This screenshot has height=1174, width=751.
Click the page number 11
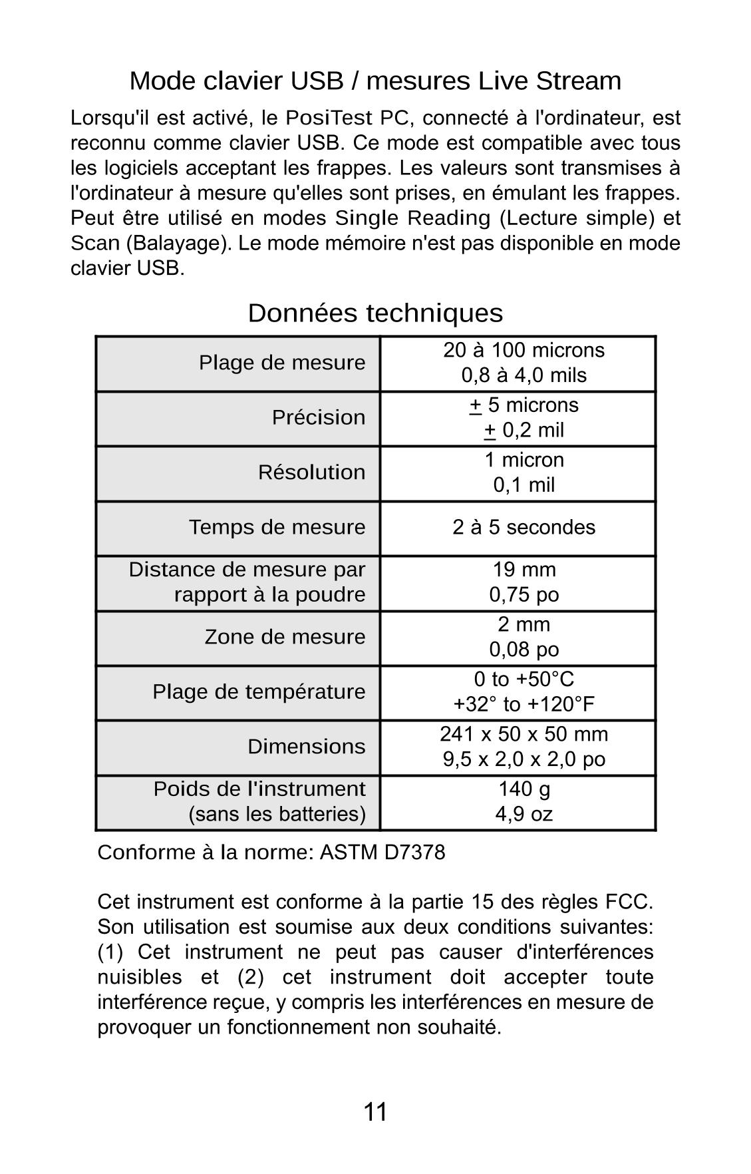click(x=375, y=1112)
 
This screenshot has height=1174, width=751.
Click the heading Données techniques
click(x=375, y=313)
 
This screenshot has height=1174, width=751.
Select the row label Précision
click(x=318, y=417)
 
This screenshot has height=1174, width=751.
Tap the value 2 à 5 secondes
click(x=524, y=527)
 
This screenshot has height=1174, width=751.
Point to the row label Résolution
click(x=311, y=473)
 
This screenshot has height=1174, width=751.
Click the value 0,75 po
click(x=524, y=594)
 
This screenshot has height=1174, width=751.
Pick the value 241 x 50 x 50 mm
click(x=524, y=734)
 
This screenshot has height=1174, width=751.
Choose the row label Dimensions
click(x=306, y=747)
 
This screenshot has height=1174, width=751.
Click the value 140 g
click(x=524, y=789)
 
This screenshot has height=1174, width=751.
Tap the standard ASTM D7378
click(x=382, y=853)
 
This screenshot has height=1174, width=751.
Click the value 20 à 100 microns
click(x=524, y=350)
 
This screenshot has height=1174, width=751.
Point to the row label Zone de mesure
click(x=285, y=637)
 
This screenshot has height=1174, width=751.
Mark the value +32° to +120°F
click(x=524, y=704)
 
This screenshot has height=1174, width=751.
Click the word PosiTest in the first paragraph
click(x=329, y=118)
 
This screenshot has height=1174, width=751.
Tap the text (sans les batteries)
click(x=277, y=814)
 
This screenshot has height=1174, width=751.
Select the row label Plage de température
click(x=259, y=692)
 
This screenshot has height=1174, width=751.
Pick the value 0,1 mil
click(x=524, y=485)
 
